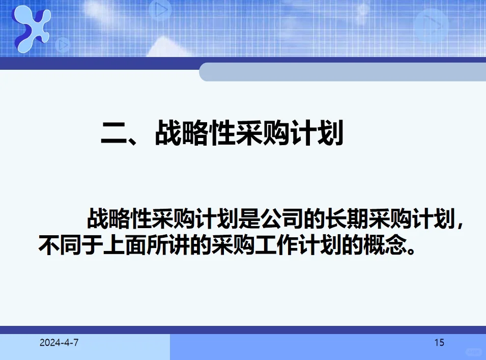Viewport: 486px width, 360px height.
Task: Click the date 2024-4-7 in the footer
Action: click(59, 343)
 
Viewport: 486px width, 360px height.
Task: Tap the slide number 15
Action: click(439, 343)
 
